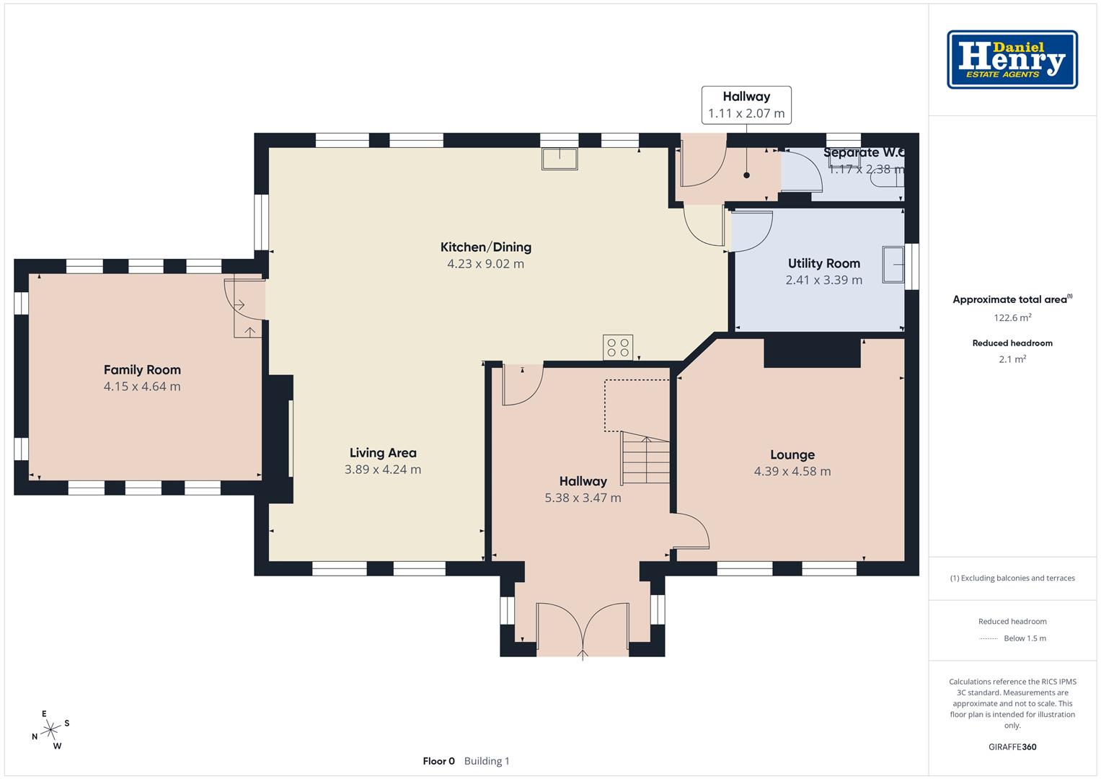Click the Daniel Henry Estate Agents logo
coord(1012,59)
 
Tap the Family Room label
coord(142,369)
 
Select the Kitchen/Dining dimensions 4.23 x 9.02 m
coord(486,263)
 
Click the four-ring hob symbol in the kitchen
coord(618,347)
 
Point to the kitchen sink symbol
coord(560,159)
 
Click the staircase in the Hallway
coord(645,458)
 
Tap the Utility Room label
coord(824,263)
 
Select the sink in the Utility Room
coord(893,265)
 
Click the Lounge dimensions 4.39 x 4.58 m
coord(792,471)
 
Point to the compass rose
coord(50,730)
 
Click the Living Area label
coord(383,452)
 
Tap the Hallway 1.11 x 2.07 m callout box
coord(746,105)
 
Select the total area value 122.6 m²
coord(1012,317)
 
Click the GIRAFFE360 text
coord(1012,747)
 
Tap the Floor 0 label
coord(439,761)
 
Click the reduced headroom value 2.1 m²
coord(1012,359)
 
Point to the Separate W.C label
coord(864,152)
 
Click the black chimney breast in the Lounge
coord(812,353)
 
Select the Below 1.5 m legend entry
coord(1025,638)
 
